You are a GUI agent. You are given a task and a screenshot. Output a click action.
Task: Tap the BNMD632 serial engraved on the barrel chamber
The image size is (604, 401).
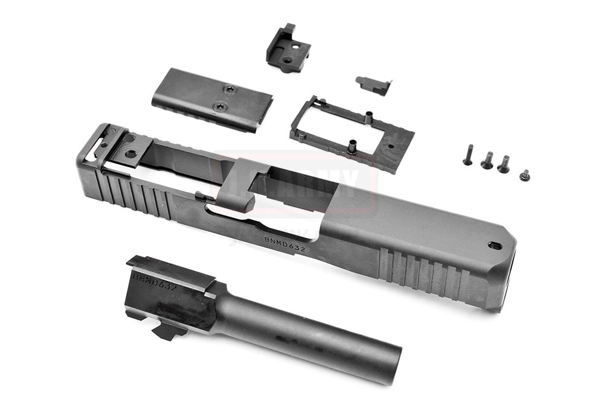click(x=155, y=281)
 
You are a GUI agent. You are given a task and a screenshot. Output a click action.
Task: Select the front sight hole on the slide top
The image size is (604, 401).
click(x=495, y=245)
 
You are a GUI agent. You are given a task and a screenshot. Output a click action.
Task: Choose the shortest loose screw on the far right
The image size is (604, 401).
click(x=524, y=175)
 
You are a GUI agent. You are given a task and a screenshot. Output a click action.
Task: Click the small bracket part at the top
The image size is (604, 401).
click(x=288, y=48)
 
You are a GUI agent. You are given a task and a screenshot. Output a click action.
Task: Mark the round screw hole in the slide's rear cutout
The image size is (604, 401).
click(x=130, y=154)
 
